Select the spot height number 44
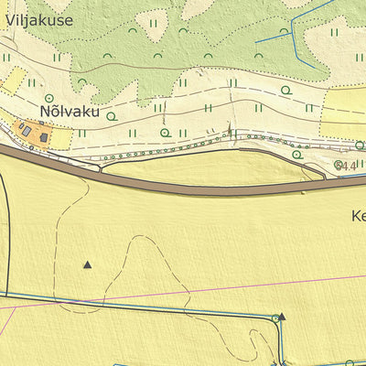coord(347,166)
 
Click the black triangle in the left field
coord(88,265)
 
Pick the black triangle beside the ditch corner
coord(282,317)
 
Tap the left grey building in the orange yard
coord(27,132)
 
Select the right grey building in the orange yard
coord(44,138)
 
